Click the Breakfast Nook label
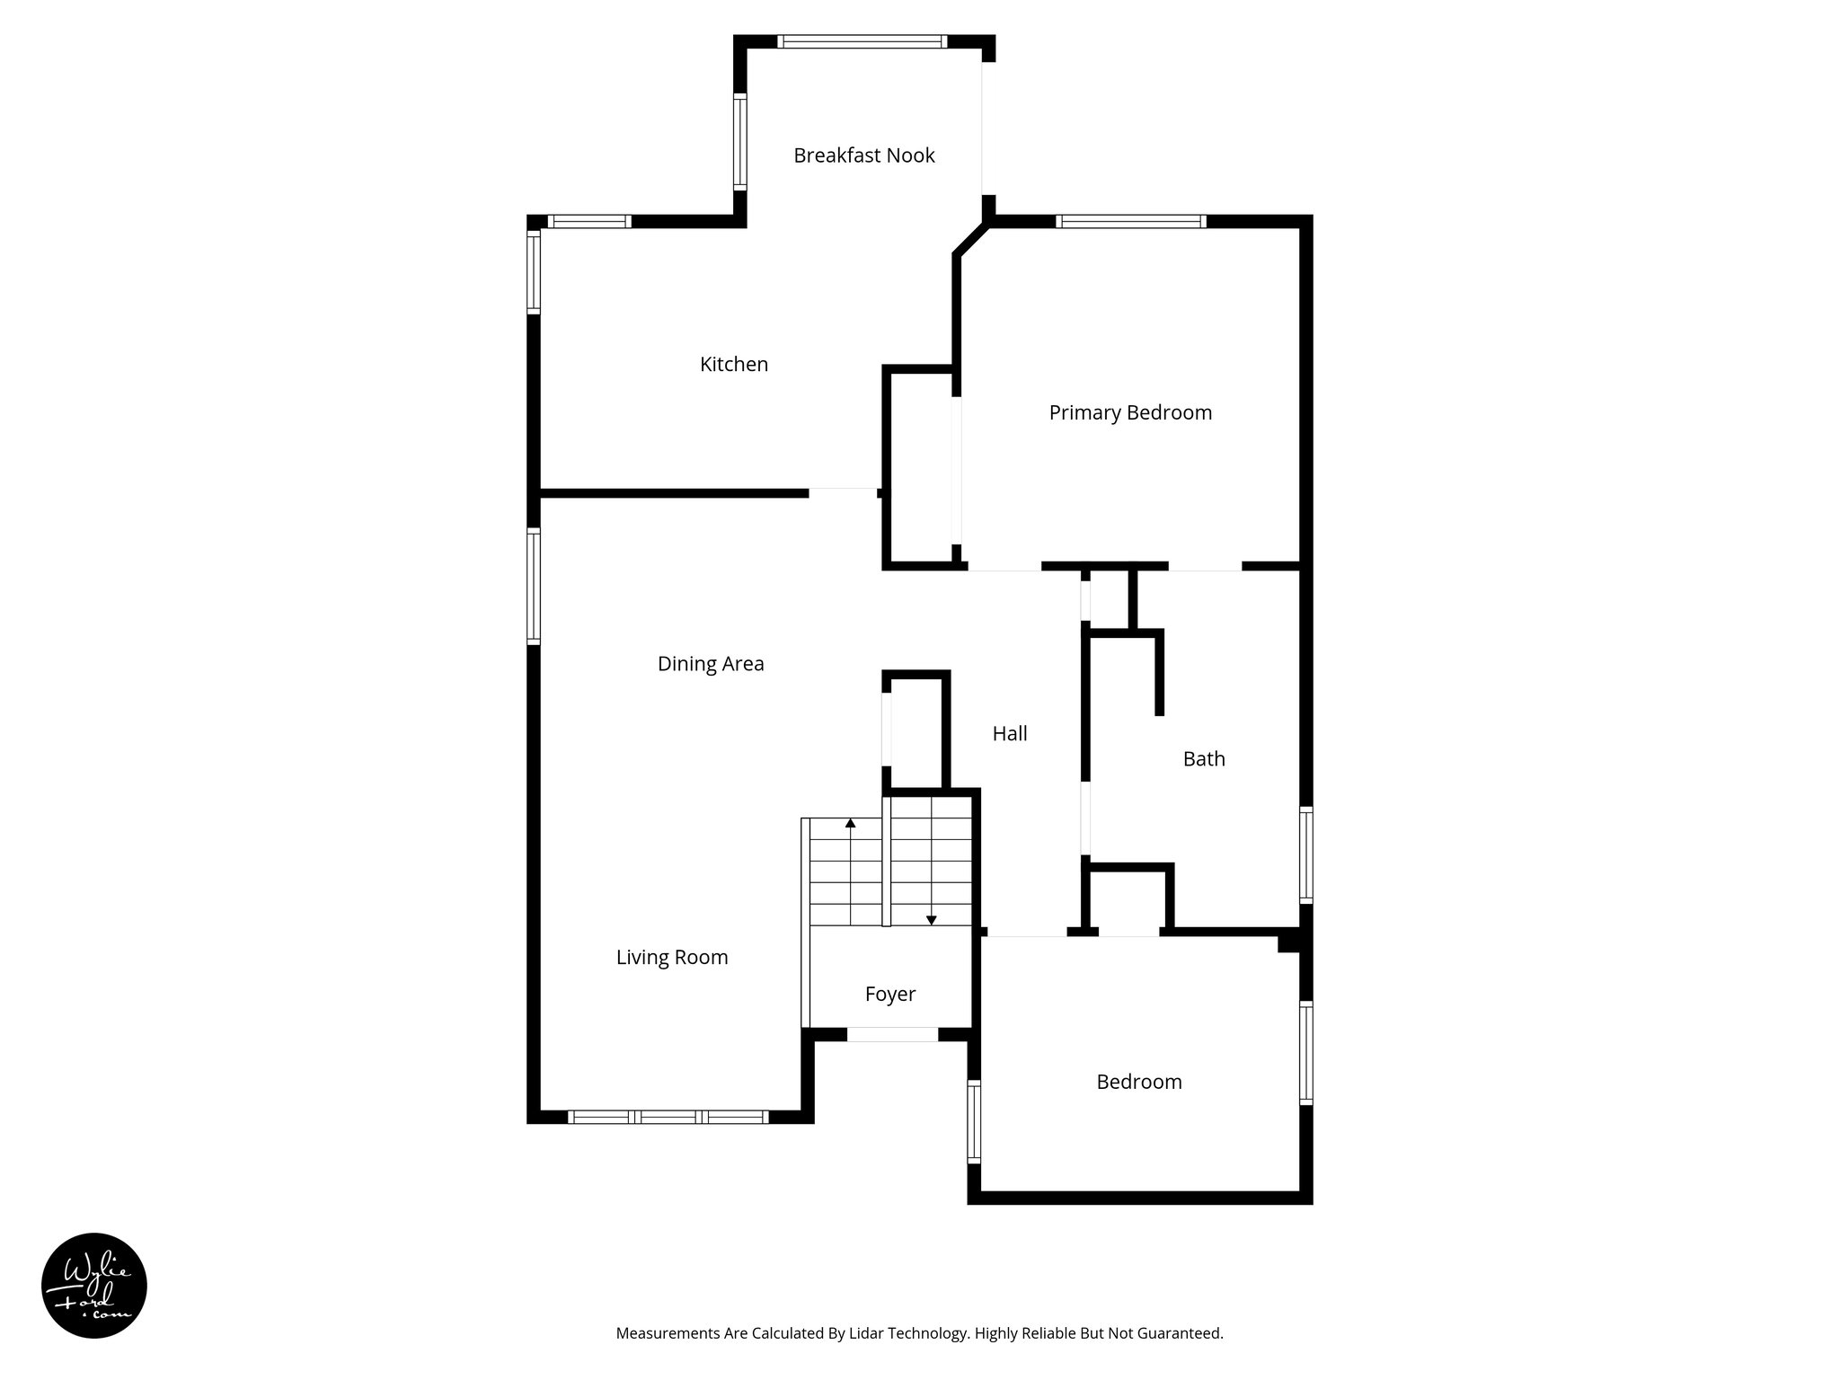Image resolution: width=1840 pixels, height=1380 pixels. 863,155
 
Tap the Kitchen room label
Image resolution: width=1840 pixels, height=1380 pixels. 734,364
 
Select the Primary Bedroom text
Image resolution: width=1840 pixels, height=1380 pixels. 1130,412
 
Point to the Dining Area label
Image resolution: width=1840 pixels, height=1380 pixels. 711,664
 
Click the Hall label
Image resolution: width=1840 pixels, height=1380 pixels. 1010,734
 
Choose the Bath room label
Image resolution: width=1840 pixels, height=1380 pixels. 1204,759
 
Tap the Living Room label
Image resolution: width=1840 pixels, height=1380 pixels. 672,958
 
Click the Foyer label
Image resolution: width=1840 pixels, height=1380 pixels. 889,994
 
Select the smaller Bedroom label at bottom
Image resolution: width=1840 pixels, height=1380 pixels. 1139,1082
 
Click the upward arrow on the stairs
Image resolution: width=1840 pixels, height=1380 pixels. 851,823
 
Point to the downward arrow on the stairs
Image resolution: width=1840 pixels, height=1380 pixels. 932,919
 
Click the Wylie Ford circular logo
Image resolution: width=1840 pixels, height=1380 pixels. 94,1286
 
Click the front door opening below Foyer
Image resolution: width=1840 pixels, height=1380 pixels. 892,1035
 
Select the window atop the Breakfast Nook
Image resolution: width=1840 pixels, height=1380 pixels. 862,41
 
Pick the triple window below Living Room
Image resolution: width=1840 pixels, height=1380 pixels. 668,1118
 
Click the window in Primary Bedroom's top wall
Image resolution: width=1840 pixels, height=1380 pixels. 1130,221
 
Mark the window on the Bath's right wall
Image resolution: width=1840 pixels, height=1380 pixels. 1306,854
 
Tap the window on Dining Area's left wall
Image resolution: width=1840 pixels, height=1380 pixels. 534,586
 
